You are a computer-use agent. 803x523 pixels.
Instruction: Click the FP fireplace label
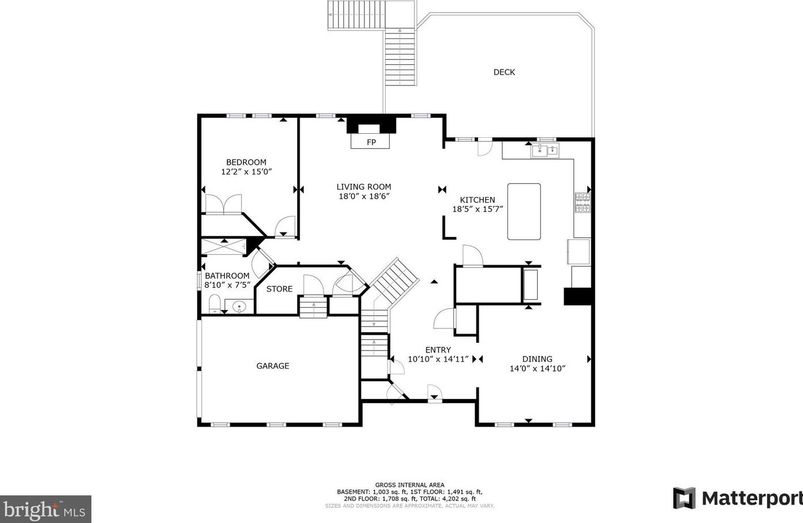pyautogui.click(x=371, y=142)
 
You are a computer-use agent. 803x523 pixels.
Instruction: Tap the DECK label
pyautogui.click(x=504, y=72)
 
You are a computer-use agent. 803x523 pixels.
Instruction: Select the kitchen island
pyautogui.click(x=523, y=211)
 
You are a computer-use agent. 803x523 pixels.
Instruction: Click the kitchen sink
pyautogui.click(x=545, y=150)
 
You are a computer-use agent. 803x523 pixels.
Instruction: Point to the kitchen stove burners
pyautogui.click(x=583, y=203)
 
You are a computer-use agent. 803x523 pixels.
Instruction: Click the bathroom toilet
pyautogui.click(x=214, y=304)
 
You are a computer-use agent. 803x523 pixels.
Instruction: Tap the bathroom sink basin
pyautogui.click(x=239, y=307)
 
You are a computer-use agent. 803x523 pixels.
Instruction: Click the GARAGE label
pyautogui.click(x=273, y=366)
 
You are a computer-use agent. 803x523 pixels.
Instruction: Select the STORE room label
pyautogui.click(x=280, y=289)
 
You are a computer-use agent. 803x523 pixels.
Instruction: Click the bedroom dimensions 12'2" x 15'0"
pyautogui.click(x=246, y=172)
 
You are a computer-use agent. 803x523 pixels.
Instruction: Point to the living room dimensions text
pyautogui.click(x=364, y=196)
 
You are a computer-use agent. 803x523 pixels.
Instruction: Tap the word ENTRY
pyautogui.click(x=438, y=350)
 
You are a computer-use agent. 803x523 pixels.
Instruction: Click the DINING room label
pyautogui.click(x=537, y=359)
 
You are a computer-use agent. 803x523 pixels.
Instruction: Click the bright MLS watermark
pyautogui.click(x=45, y=509)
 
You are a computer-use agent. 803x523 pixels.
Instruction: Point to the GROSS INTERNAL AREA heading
pyautogui.click(x=410, y=485)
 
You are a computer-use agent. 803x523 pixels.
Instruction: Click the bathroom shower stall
pyautogui.click(x=224, y=247)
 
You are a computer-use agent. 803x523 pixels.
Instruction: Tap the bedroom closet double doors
pyautogui.click(x=223, y=204)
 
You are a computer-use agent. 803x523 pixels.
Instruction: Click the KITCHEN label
pyautogui.click(x=477, y=200)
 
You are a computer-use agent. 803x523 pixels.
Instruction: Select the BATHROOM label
pyautogui.click(x=227, y=276)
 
